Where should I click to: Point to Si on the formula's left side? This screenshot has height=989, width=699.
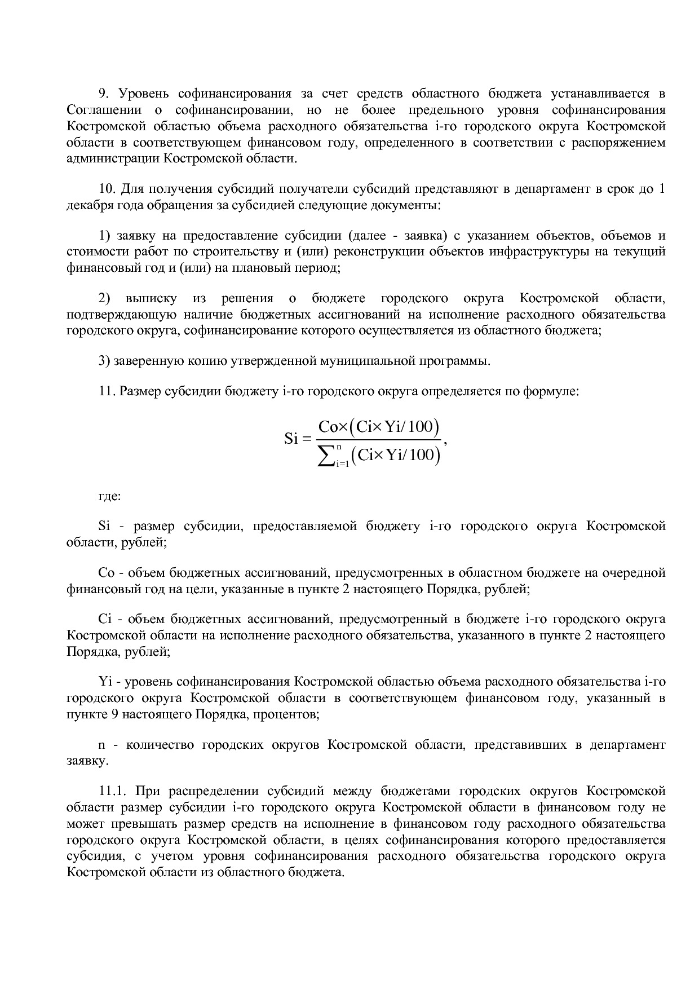(291, 439)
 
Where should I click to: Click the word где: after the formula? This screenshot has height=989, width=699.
(109, 497)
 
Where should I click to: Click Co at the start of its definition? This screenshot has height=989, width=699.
(107, 573)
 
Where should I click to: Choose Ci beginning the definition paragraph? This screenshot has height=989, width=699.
(105, 620)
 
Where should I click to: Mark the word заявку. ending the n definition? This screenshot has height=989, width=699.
(87, 761)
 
